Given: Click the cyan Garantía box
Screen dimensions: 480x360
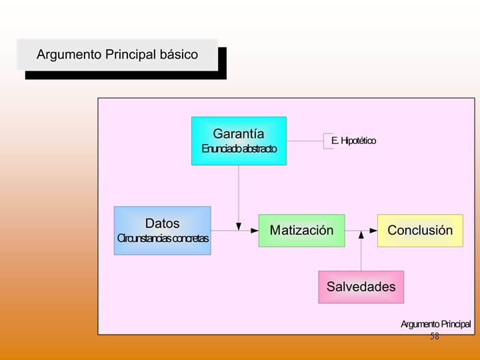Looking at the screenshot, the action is pyautogui.click(x=239, y=141).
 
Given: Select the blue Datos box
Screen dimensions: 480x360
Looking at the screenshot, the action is pyautogui.click(x=162, y=231).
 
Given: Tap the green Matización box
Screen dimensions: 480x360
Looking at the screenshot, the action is pyautogui.click(x=301, y=231).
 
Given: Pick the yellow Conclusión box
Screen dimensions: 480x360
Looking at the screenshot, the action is pyautogui.click(x=420, y=231).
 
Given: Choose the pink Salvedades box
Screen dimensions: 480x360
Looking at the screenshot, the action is pyautogui.click(x=361, y=287).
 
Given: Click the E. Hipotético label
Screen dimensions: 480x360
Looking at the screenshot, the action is pyautogui.click(x=353, y=141).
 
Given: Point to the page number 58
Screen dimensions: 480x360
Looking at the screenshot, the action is pyautogui.click(x=435, y=337).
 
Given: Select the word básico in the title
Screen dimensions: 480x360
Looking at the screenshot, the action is pyautogui.click(x=179, y=55).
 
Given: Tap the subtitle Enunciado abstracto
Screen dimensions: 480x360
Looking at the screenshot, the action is pyautogui.click(x=239, y=149).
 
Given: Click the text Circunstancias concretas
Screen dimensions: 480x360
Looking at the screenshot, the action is pyautogui.click(x=163, y=238).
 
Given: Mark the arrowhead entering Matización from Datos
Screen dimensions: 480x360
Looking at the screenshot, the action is pyautogui.click(x=255, y=231).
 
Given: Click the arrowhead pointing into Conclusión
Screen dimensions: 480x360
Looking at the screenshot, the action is pyautogui.click(x=373, y=231).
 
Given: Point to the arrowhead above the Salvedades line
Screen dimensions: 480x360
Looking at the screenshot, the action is pyautogui.click(x=361, y=235).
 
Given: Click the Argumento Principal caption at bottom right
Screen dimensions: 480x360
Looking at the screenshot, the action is pyautogui.click(x=435, y=324).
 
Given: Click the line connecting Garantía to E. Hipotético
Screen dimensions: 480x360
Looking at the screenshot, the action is pyautogui.click(x=305, y=141).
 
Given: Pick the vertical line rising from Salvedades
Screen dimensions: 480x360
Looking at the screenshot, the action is pyautogui.click(x=361, y=257).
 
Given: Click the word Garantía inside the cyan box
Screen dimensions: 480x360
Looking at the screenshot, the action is pyautogui.click(x=239, y=133).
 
